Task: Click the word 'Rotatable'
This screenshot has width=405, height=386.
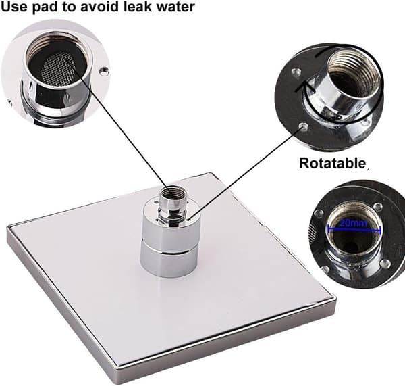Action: tap(332, 163)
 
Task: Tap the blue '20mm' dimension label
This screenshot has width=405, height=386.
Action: tap(353, 223)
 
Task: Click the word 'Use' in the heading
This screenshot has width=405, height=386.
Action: tap(14, 7)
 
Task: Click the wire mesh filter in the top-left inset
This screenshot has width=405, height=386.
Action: tap(58, 68)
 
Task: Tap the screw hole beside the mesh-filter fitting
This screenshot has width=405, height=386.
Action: tap(104, 70)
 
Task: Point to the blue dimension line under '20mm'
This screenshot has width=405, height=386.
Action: tap(354, 229)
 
